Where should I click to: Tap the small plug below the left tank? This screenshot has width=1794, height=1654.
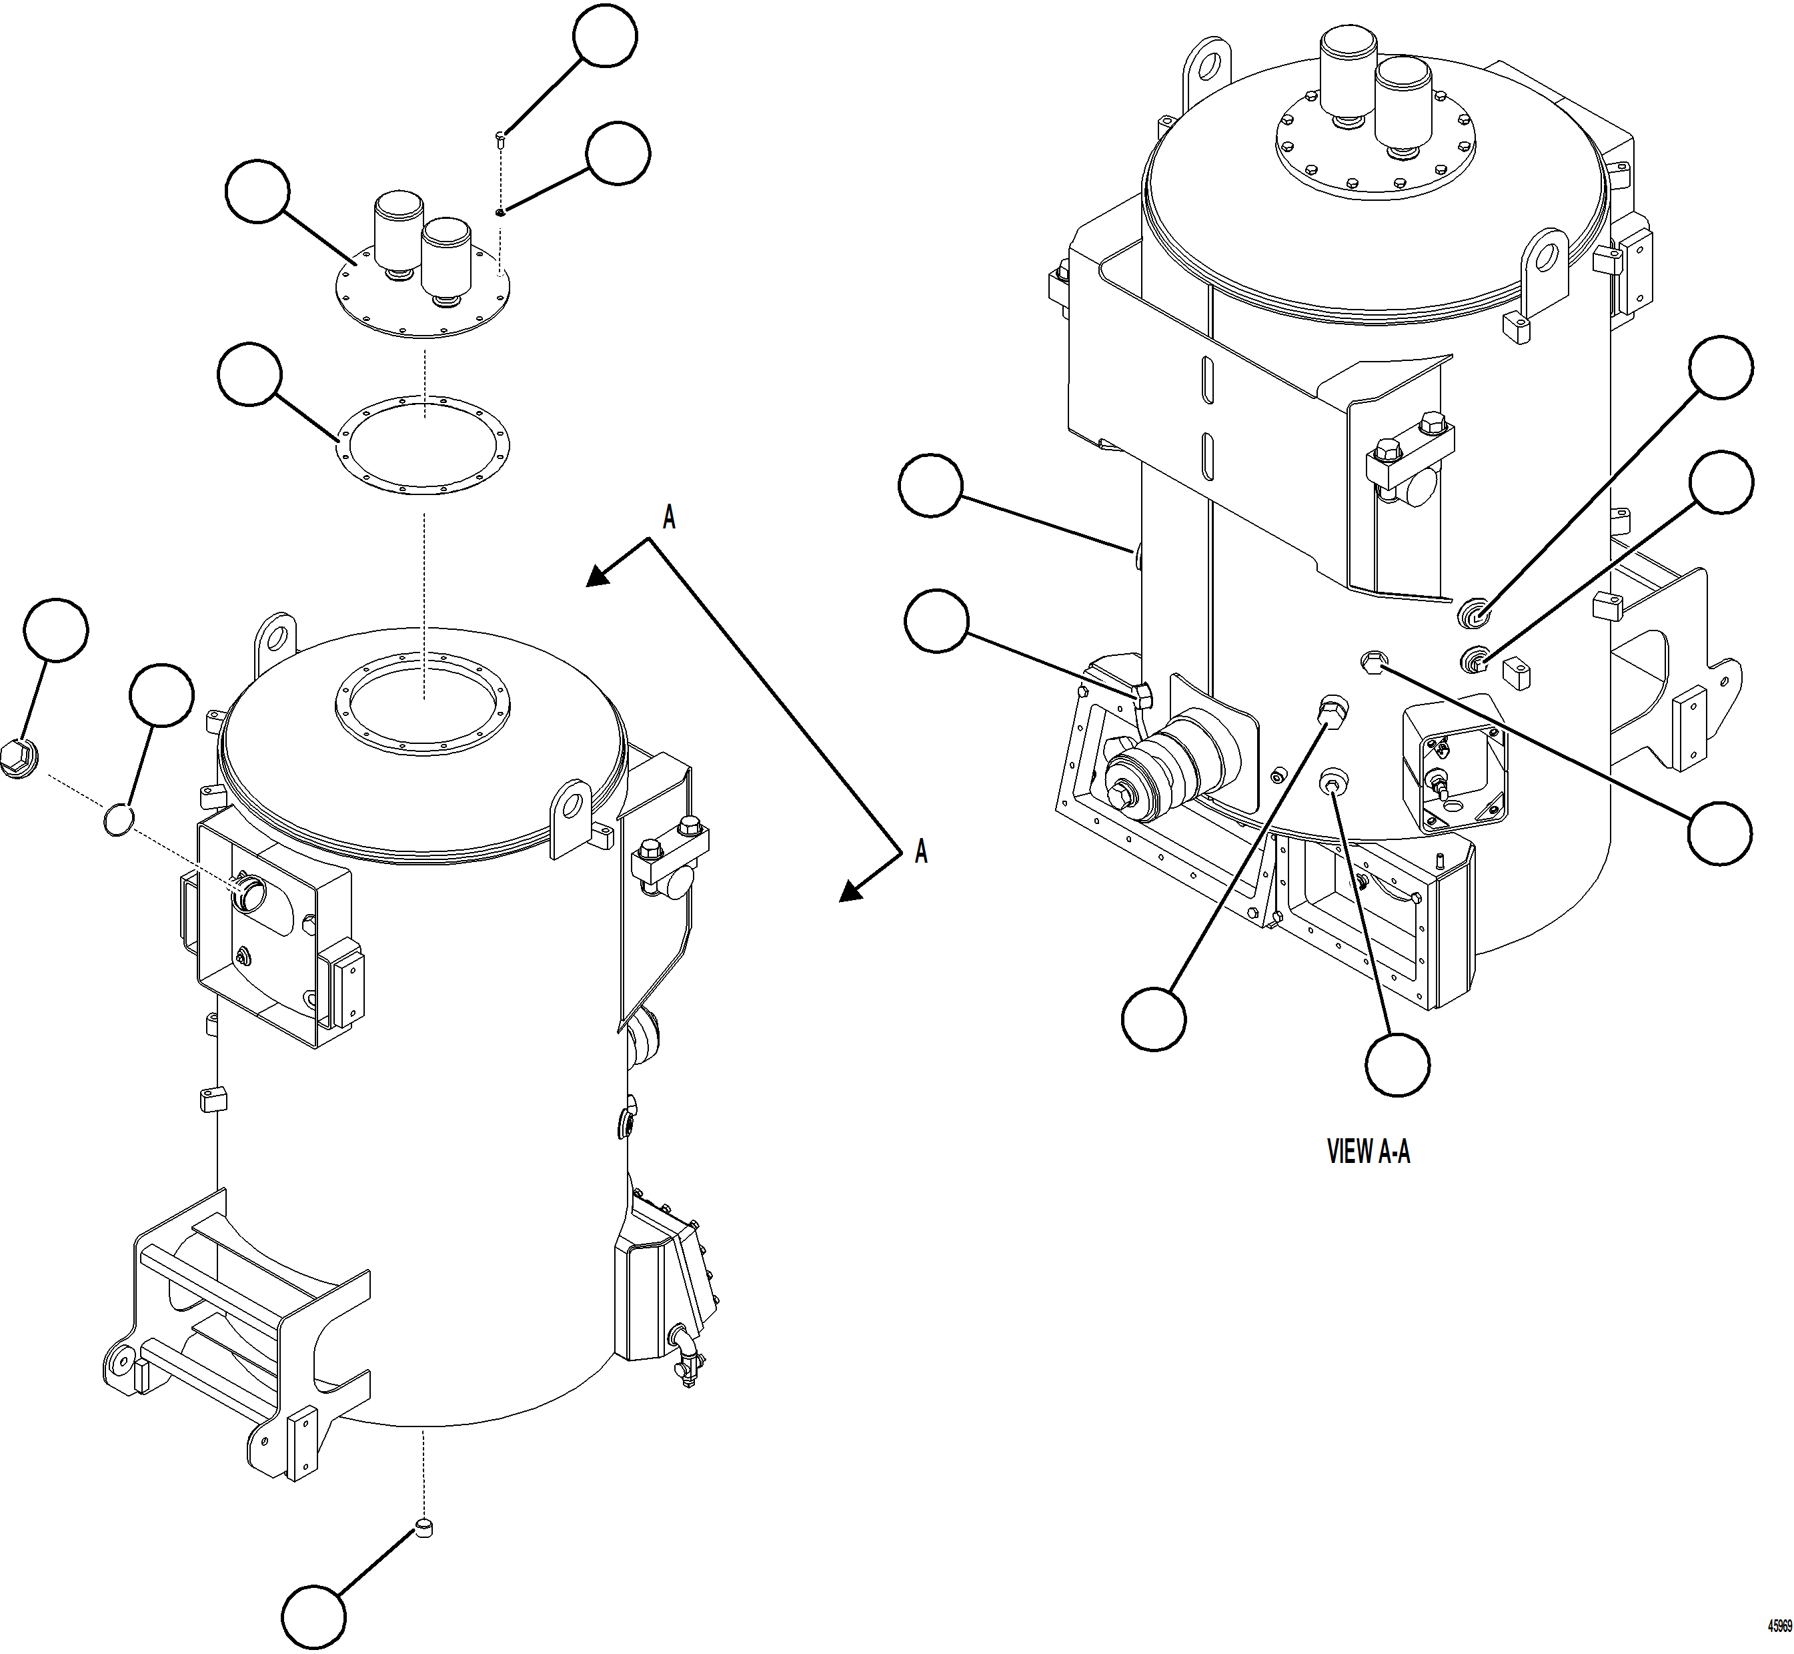point(425,1527)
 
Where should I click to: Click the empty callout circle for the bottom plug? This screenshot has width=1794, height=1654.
point(313,1618)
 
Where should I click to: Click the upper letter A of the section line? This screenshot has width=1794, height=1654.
point(668,516)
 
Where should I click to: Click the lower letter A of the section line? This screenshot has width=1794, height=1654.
point(921,851)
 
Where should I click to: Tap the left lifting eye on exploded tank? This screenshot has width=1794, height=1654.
point(274,637)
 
